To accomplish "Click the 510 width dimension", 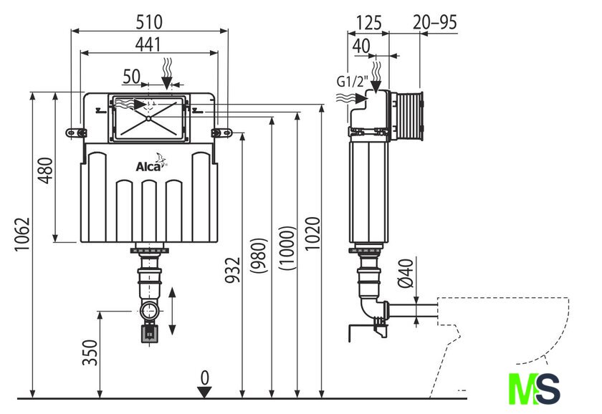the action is coord(149,21).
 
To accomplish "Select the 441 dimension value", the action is coord(148,44).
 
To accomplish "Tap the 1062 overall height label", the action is coord(22,234).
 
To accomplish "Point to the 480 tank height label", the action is coord(46,170).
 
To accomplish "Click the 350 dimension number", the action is coord(90,352).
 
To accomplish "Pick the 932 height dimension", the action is coord(232,270).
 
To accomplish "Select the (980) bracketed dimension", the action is coord(259,256).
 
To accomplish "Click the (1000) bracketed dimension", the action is coord(287,248).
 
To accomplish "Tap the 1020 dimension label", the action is coord(312,234).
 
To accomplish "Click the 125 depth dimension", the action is coord(369,23).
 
